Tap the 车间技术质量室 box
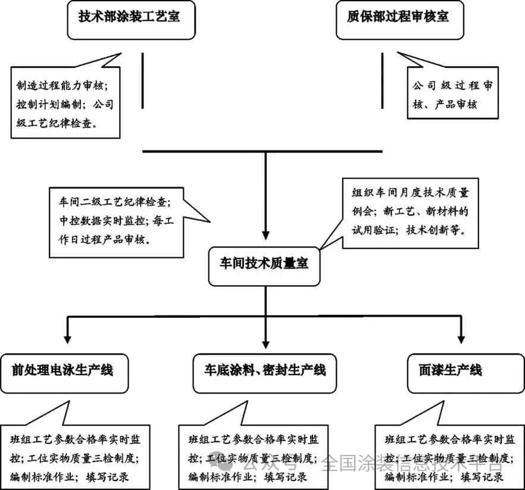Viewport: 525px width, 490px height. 265,264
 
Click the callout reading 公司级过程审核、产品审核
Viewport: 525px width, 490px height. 452,95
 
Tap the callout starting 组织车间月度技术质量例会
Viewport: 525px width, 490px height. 410,211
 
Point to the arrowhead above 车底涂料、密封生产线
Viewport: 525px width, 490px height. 265,344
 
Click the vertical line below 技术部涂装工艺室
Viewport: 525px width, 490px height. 142,81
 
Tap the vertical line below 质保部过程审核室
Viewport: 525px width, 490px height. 382,81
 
